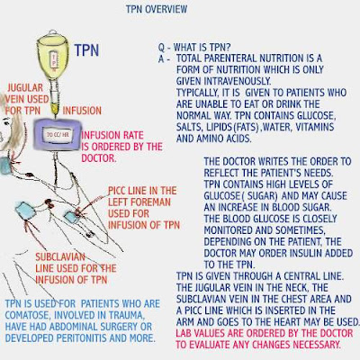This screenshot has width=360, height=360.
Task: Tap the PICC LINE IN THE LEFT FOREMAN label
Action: (139, 201)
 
